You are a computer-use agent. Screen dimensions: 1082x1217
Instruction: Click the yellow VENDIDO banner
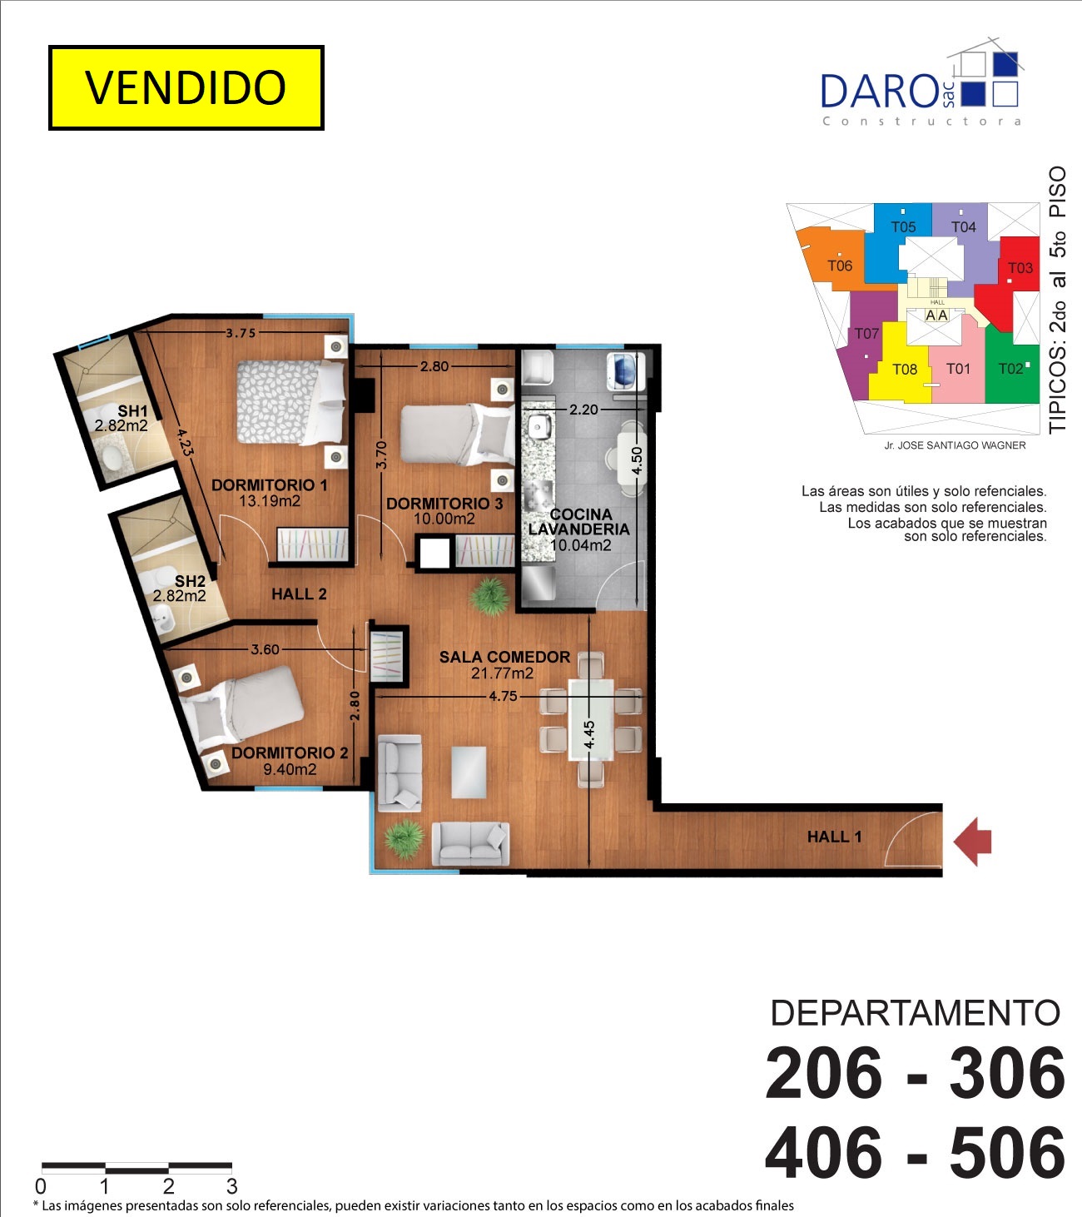[186, 87]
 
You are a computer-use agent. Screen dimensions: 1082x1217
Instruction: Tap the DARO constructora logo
[922, 83]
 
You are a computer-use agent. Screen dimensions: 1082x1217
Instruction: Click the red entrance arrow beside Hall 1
[972, 842]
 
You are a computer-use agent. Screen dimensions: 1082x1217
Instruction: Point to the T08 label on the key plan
[904, 370]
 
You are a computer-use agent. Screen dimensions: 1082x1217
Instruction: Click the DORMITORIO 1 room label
[269, 484]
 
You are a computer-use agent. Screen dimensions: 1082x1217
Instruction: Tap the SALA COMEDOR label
[504, 657]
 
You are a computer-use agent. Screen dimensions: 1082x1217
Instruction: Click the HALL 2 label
[299, 594]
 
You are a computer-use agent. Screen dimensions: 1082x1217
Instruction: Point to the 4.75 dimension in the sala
[503, 696]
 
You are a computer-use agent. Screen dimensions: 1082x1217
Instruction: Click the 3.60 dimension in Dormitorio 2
[265, 649]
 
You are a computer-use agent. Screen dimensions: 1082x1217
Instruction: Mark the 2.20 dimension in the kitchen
[584, 410]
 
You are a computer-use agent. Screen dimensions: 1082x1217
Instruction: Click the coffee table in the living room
[469, 772]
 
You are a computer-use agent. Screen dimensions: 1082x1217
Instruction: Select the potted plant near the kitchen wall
[490, 597]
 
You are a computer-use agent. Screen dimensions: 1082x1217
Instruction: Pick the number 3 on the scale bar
[232, 1186]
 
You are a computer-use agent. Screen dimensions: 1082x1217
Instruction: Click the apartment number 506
[1007, 1154]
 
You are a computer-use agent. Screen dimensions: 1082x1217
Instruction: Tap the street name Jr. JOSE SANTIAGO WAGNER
[955, 445]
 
